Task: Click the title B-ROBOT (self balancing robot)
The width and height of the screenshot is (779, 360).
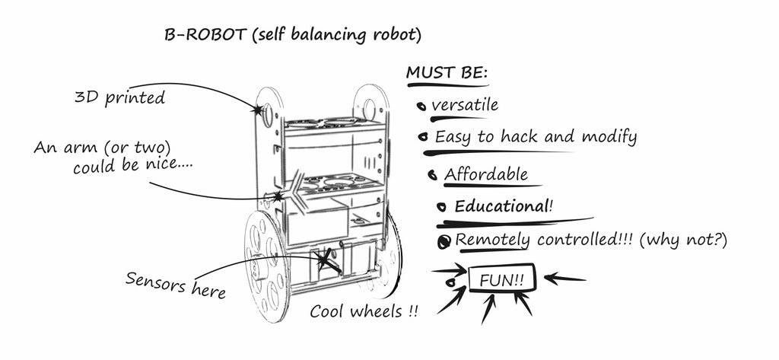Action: [292, 35]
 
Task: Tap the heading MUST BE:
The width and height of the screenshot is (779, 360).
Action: [447, 73]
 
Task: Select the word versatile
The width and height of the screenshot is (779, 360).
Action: [464, 104]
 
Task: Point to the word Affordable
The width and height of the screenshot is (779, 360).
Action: [486, 174]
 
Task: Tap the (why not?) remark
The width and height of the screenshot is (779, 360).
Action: [683, 240]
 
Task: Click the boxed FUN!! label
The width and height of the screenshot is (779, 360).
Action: [501, 279]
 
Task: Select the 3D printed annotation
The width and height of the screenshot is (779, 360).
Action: [119, 97]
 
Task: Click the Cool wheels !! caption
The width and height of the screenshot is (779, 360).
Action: [364, 312]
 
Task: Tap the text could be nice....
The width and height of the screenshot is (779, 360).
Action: [132, 165]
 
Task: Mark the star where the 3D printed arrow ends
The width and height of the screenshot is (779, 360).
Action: [258, 110]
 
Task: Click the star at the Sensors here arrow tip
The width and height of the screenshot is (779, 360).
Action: [327, 260]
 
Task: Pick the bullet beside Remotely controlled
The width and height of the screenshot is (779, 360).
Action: [444, 242]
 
